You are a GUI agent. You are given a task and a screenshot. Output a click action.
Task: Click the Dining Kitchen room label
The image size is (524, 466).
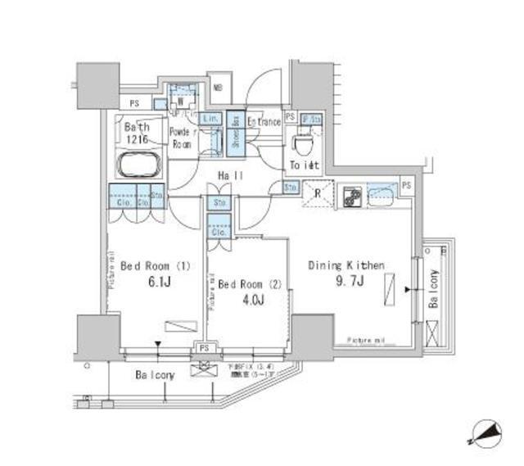346,265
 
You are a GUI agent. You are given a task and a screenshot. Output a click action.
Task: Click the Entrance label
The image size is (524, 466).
264,122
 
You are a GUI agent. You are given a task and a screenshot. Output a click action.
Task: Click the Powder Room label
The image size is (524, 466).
182,137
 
